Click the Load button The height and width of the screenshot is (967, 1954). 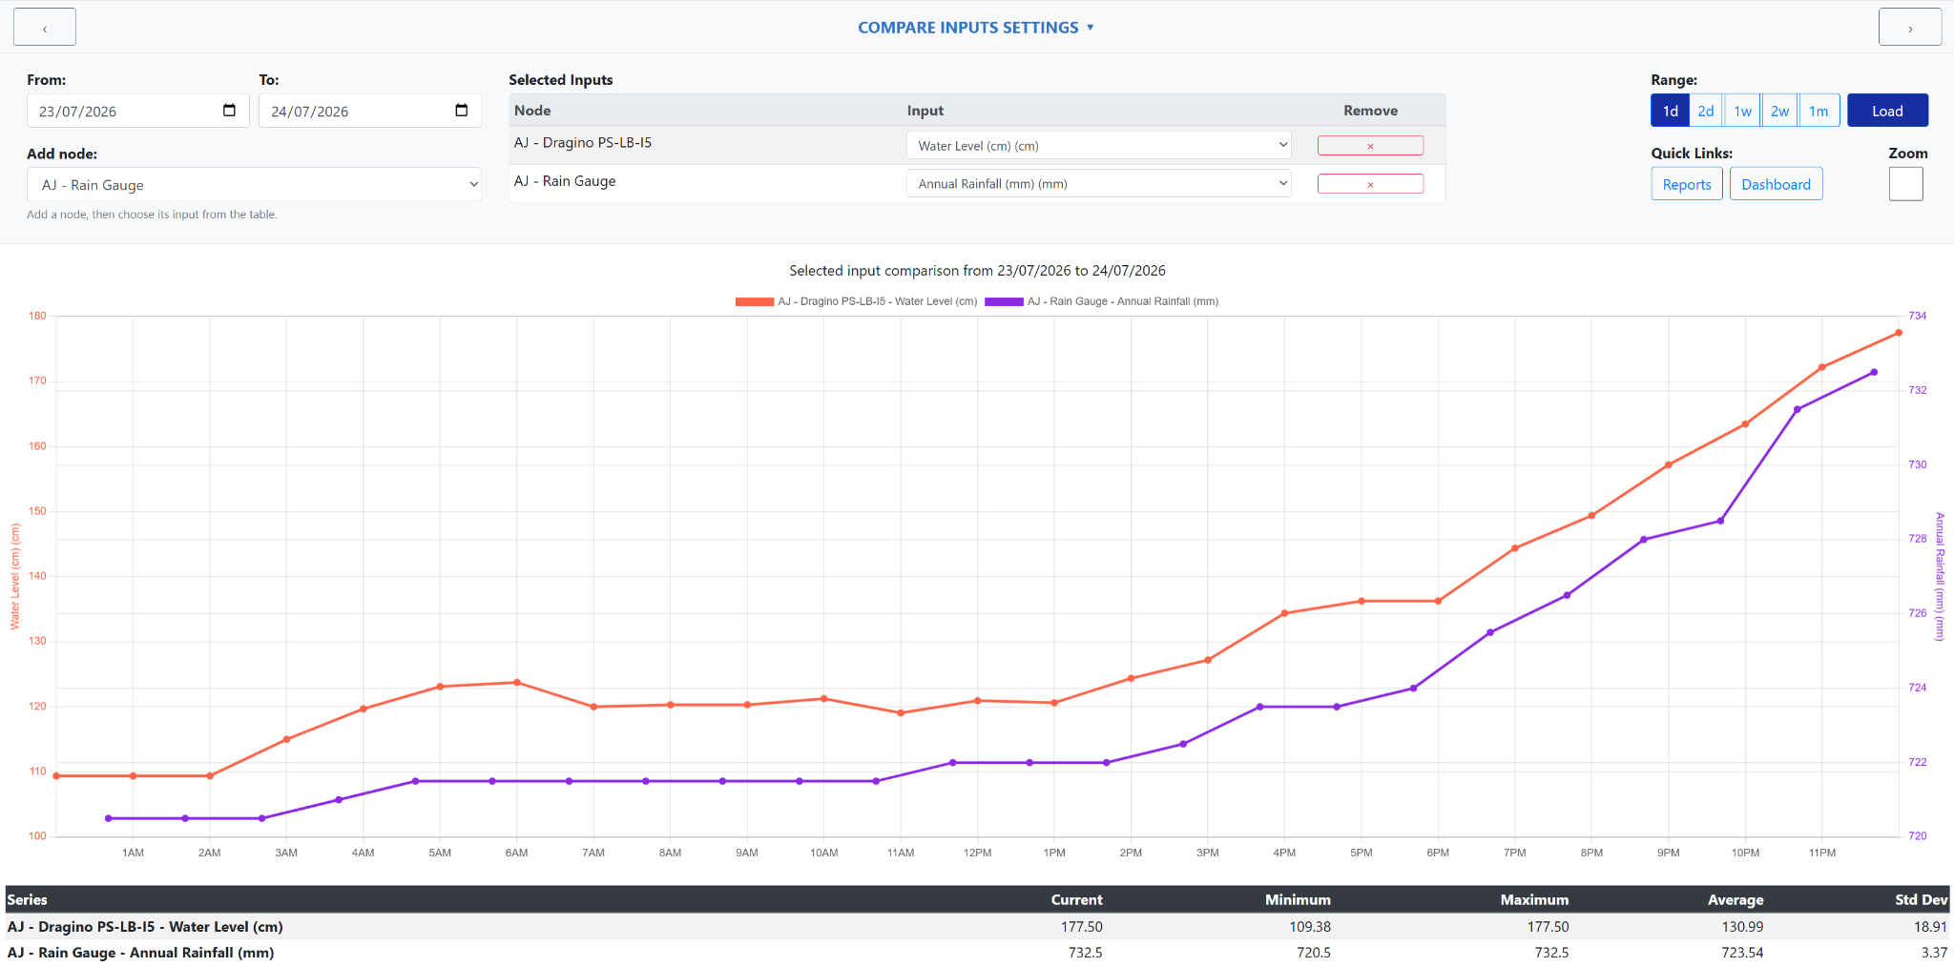1887,111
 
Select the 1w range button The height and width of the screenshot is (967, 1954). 1742,111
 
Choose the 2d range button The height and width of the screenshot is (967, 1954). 1706,111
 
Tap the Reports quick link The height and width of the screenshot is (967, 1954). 1687,184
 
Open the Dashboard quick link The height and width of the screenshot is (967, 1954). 1776,184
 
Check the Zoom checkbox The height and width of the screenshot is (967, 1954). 1905,184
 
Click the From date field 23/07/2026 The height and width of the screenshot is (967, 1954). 138,111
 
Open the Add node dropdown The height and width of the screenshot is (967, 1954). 254,184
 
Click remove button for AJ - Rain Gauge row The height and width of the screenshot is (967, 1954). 1370,184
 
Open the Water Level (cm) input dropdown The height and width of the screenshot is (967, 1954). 1098,145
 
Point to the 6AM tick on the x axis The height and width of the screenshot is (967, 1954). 516,853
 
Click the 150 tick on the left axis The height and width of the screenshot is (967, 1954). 37,511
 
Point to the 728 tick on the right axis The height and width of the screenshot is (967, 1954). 1917,539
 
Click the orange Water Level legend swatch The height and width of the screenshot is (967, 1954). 754,301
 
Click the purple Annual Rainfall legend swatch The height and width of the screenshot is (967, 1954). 1004,301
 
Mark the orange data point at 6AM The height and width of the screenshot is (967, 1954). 517,683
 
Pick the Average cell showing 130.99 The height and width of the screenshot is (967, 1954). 1742,926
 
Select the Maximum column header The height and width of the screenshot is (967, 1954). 1534,899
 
